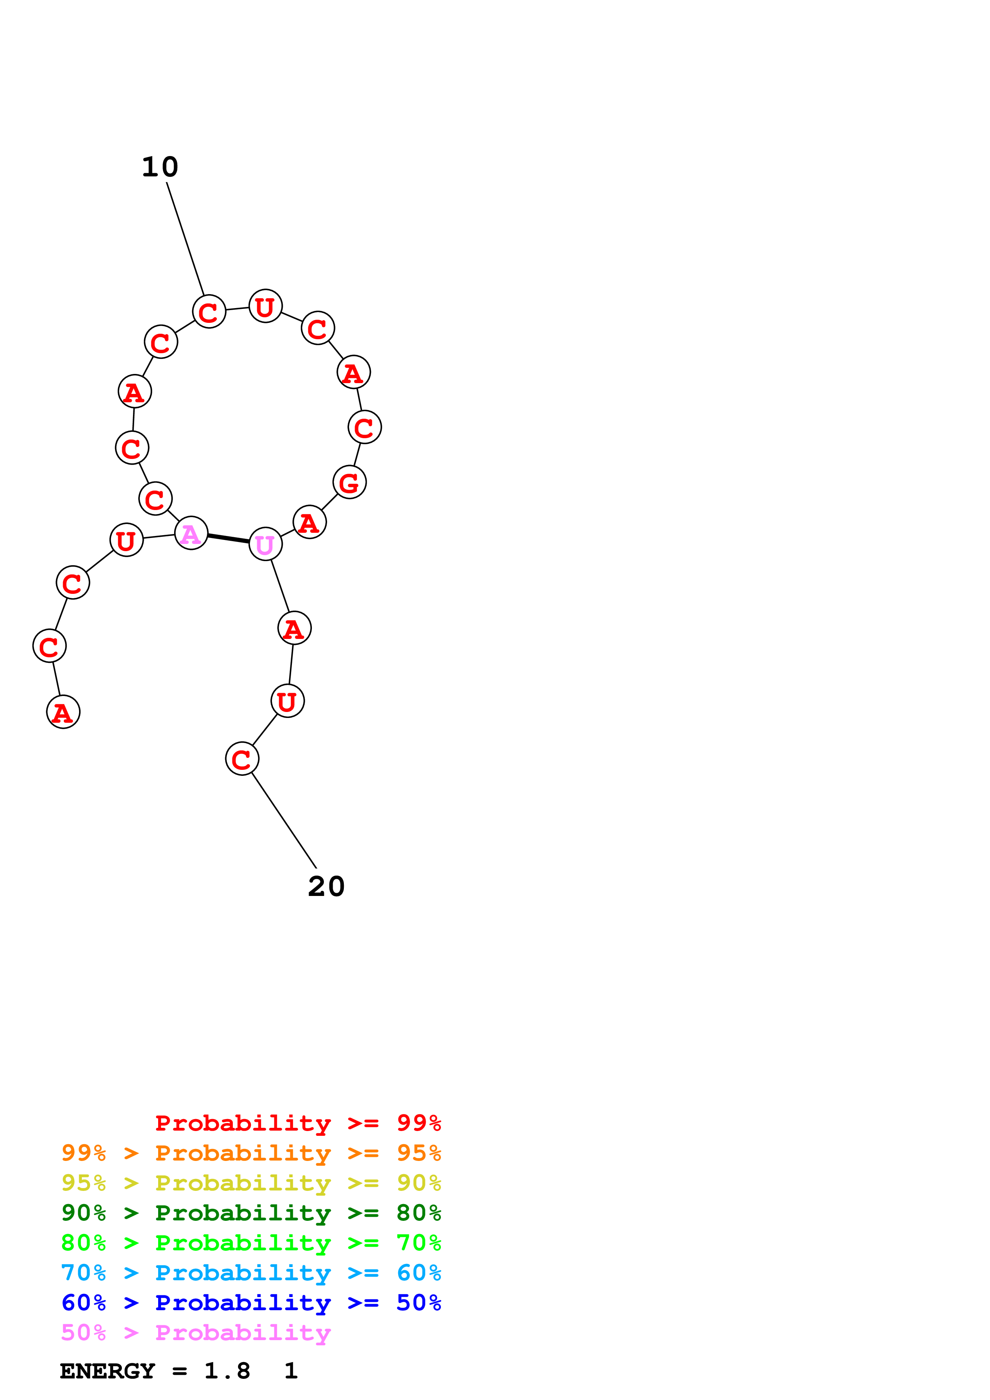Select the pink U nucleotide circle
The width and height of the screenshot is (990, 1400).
point(265,544)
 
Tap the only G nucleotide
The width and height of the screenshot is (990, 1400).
point(349,482)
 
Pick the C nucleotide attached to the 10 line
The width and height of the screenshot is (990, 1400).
point(209,312)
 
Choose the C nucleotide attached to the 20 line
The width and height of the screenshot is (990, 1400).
point(242,759)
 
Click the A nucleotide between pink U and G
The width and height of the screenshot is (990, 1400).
point(310,522)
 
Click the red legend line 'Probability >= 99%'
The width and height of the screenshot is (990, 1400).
point(298,1123)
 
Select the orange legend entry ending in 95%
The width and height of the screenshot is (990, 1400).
point(251,1153)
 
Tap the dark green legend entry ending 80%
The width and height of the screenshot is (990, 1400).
point(251,1213)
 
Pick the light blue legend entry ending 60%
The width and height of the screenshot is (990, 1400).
point(251,1273)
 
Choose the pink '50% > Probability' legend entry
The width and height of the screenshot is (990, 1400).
point(195,1332)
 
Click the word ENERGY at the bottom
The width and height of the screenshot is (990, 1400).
point(107,1371)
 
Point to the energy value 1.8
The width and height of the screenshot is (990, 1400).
point(227,1371)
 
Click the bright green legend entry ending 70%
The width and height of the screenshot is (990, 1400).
point(251,1243)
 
